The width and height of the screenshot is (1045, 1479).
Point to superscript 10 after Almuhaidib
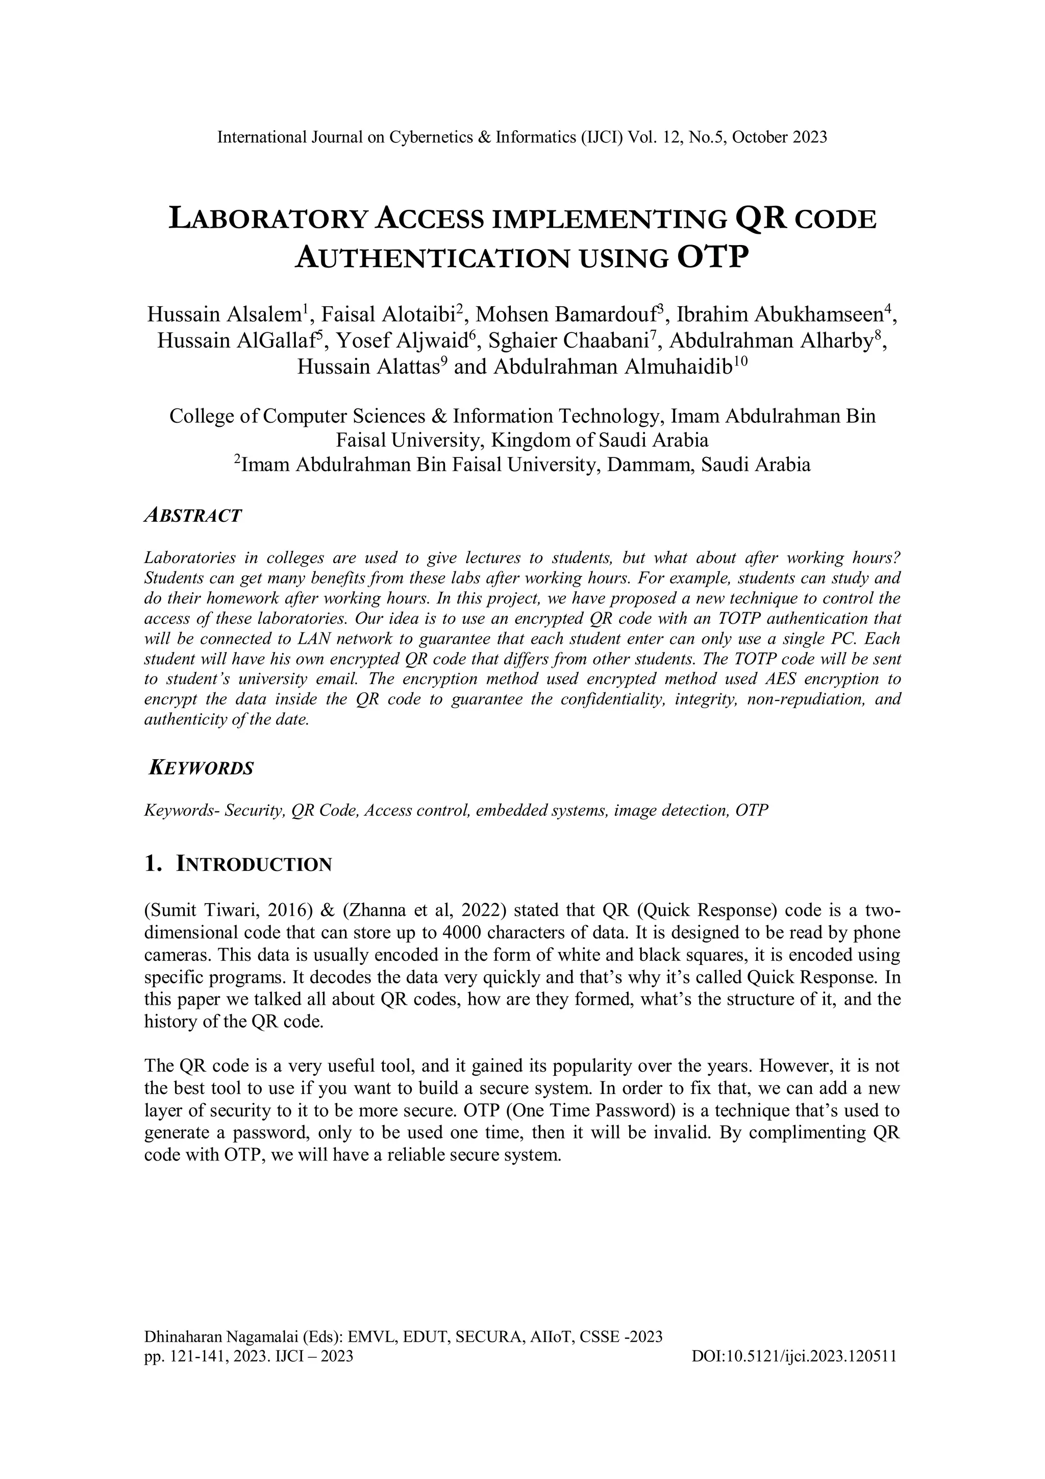740,361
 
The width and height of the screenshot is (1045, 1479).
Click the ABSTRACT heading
192,516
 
